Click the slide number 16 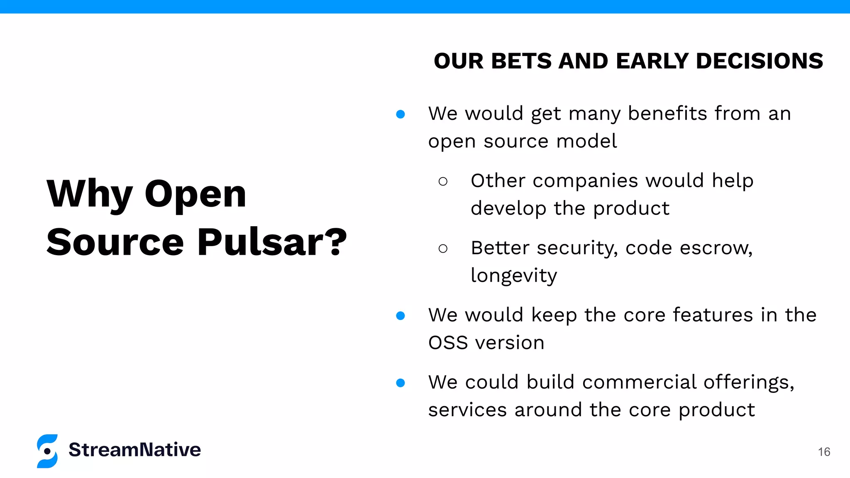[x=824, y=452]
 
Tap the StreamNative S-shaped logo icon [x=47, y=451]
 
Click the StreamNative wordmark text [x=134, y=450]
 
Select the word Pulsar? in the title [x=272, y=242]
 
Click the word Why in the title [x=89, y=194]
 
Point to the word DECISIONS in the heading [x=759, y=61]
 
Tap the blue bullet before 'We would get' [x=401, y=114]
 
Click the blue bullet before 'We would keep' [x=401, y=316]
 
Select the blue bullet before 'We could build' [x=401, y=383]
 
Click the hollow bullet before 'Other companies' [x=443, y=181]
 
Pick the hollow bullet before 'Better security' [x=443, y=249]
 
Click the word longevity [x=513, y=276]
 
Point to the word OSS [x=448, y=343]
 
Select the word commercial [x=639, y=382]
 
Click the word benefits [x=667, y=113]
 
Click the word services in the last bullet [x=467, y=410]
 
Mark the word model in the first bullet [x=586, y=141]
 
